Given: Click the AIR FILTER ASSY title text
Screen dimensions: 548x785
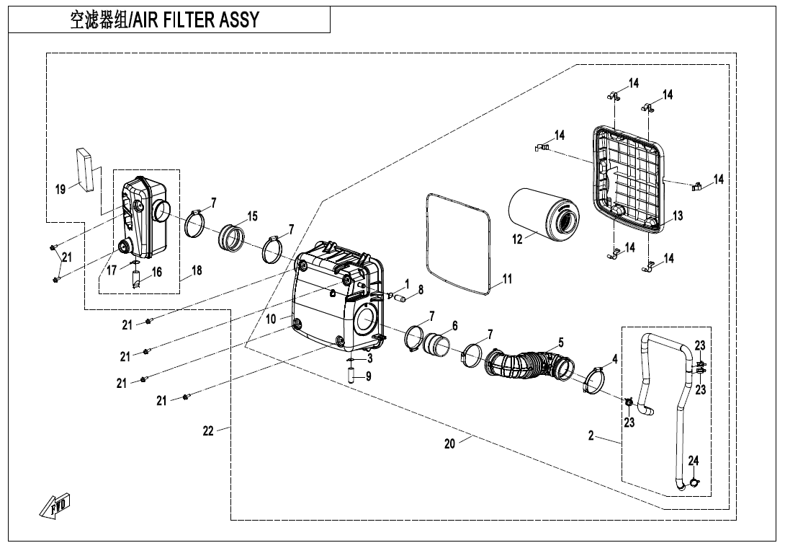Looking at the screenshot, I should (164, 19).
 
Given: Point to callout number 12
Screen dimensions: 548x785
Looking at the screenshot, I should (518, 240).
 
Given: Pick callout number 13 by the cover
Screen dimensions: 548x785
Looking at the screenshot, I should (678, 216).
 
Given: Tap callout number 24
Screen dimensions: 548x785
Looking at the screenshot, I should (694, 460).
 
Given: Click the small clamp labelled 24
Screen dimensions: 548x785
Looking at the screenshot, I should (694, 481).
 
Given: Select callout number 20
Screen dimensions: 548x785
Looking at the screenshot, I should (449, 444).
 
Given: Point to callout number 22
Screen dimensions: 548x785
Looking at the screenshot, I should (208, 431).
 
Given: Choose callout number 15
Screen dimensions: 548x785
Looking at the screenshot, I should (252, 216).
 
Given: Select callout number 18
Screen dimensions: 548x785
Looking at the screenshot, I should (196, 271).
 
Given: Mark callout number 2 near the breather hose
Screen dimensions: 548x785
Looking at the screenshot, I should (591, 436).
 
